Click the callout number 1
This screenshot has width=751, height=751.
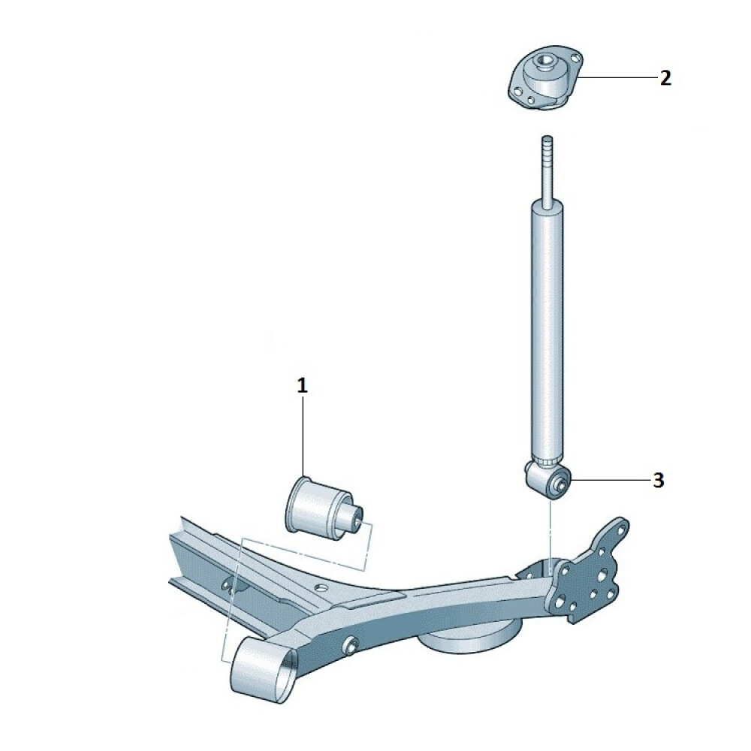tap(302, 385)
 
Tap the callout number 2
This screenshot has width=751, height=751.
tap(665, 78)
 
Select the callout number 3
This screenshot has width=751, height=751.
tap(659, 480)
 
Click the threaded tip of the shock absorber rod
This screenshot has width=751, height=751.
tap(547, 143)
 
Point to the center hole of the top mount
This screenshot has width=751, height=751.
tap(543, 62)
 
